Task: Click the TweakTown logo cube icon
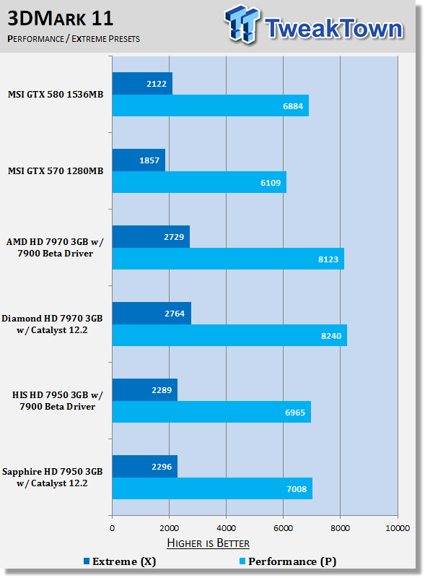point(242,24)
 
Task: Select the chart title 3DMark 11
point(61,19)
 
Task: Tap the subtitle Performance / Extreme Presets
point(74,39)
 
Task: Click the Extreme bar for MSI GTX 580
point(142,84)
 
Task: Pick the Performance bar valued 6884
point(210,105)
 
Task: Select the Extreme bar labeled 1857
point(139,160)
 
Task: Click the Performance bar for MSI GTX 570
point(199,182)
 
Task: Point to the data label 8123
point(328,259)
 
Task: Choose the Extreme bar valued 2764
point(152,314)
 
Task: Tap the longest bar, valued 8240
point(229,335)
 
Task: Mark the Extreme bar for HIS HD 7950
point(145,390)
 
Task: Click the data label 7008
point(297,489)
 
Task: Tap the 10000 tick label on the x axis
point(398,528)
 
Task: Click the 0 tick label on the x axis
point(113,528)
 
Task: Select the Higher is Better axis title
point(208,543)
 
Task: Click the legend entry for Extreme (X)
point(120,561)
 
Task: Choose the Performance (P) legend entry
point(288,561)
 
